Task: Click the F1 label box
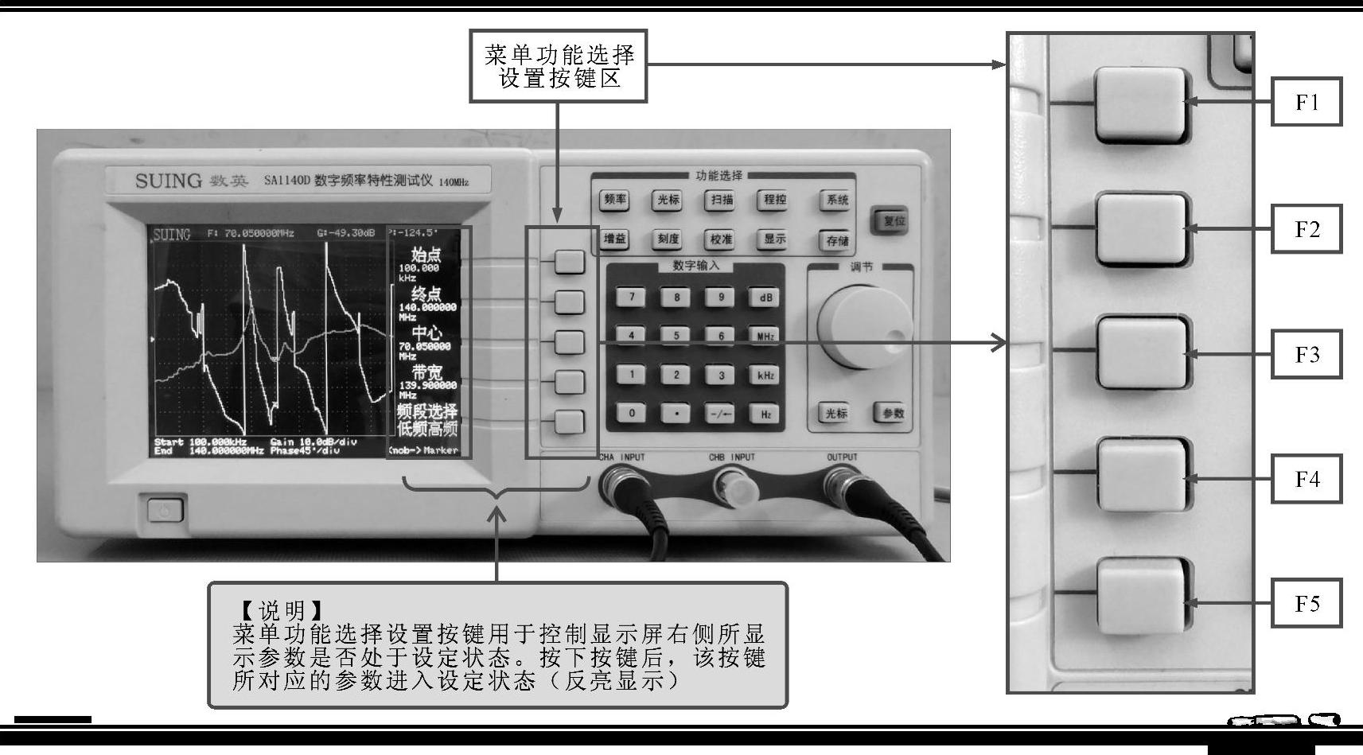1307,102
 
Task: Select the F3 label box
1307,354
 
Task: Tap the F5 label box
1307,604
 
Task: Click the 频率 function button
614,200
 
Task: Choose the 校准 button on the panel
721,239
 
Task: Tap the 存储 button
837,240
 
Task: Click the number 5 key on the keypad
676,336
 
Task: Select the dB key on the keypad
765,298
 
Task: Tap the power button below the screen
165,510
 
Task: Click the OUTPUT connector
843,482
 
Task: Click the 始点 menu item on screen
426,255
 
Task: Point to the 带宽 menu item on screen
426,372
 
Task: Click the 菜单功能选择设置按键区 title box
559,67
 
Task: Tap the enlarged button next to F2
1140,229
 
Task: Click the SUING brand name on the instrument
169,181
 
